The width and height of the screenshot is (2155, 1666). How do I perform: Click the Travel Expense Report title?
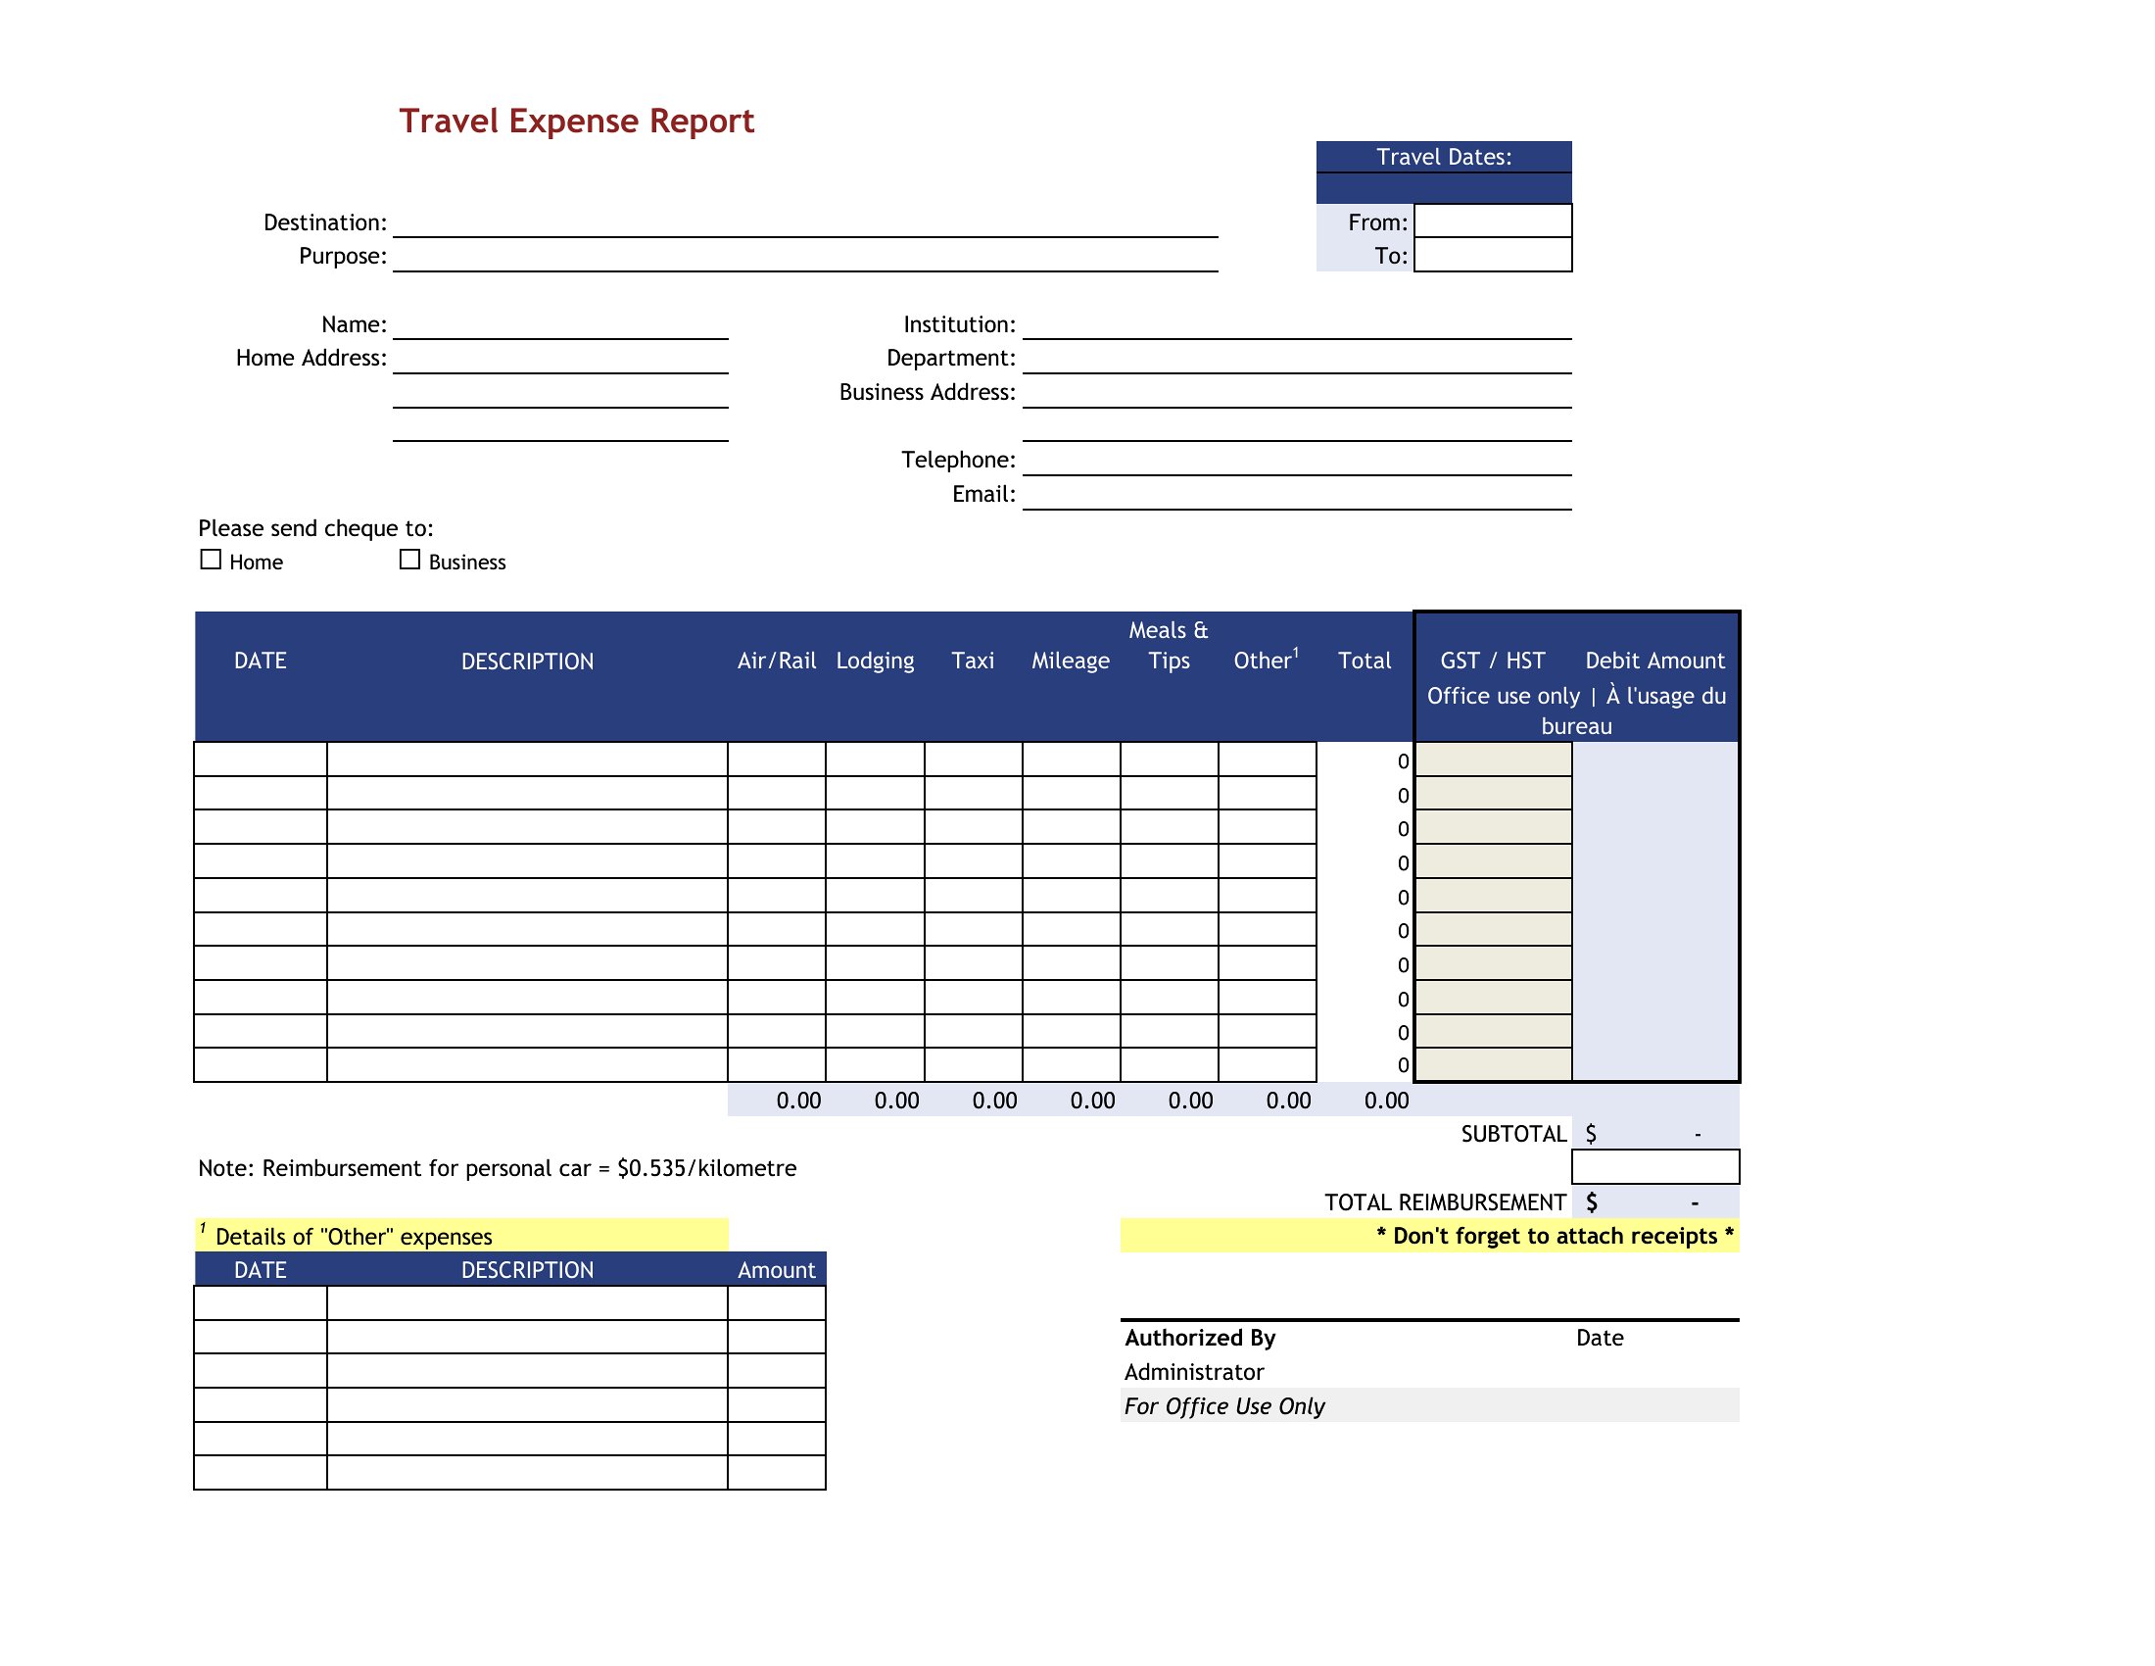pyautogui.click(x=576, y=121)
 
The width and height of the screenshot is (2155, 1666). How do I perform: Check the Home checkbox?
pyautogui.click(x=211, y=560)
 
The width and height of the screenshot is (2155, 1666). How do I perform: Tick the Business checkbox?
pyautogui.click(x=409, y=560)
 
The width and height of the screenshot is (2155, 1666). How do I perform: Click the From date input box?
pyautogui.click(x=1492, y=221)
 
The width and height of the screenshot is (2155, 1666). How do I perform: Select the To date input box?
pyautogui.click(x=1492, y=255)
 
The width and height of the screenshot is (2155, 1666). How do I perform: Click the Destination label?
pyautogui.click(x=324, y=222)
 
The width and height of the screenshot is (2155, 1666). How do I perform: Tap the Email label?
pyautogui.click(x=982, y=494)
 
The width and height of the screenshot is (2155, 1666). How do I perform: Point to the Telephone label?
pyautogui.click(x=957, y=459)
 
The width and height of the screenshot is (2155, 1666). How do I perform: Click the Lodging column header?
pyautogui.click(x=874, y=661)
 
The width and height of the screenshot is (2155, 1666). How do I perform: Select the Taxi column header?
pyautogui.click(x=972, y=661)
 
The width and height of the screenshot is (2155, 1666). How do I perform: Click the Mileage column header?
pyautogui.click(x=1070, y=661)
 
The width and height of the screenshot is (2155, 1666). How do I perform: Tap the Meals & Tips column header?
pyautogui.click(x=1169, y=645)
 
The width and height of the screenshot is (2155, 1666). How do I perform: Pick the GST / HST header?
pyautogui.click(x=1492, y=661)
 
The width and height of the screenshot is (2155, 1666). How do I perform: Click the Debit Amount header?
pyautogui.click(x=1653, y=661)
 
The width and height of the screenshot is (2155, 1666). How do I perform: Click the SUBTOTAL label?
pyautogui.click(x=1512, y=1133)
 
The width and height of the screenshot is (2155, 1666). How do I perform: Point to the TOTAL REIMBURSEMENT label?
pyautogui.click(x=1445, y=1201)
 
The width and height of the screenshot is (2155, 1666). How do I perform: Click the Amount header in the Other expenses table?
pyautogui.click(x=776, y=1269)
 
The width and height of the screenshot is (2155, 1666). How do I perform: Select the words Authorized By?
pyautogui.click(x=1199, y=1338)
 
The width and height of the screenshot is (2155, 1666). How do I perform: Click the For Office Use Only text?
pyautogui.click(x=1223, y=1405)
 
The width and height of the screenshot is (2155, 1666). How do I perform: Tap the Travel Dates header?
pyautogui.click(x=1443, y=157)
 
